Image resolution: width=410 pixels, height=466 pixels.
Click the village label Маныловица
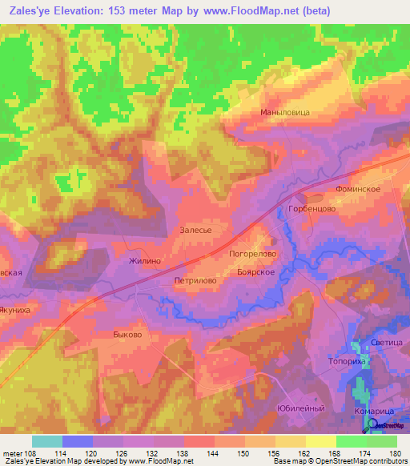click(x=284, y=113)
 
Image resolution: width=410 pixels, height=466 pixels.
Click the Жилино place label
click(x=146, y=261)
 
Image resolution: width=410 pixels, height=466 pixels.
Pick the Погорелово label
click(x=253, y=253)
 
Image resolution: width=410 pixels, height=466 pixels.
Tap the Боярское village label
click(x=257, y=272)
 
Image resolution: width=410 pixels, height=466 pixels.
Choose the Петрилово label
click(x=196, y=282)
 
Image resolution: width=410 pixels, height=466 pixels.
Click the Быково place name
click(x=127, y=335)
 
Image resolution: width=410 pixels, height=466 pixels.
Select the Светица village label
click(x=387, y=343)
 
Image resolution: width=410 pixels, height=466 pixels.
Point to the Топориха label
click(x=347, y=362)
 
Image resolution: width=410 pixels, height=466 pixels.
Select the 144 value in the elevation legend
click(x=214, y=453)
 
